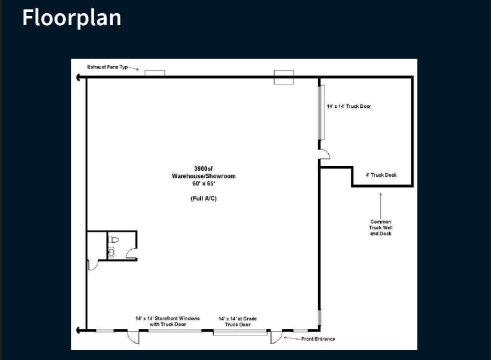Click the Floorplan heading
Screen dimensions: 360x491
[72, 17]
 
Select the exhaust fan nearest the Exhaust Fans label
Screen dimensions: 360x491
[154, 73]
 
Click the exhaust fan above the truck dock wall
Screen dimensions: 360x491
[284, 77]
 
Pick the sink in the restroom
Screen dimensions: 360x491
[111, 252]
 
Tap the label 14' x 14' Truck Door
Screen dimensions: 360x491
[349, 106]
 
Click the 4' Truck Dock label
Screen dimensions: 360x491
[381, 176]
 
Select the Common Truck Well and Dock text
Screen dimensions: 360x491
[380, 228]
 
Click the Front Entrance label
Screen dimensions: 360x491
[318, 339]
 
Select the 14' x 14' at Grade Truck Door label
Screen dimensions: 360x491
[238, 321]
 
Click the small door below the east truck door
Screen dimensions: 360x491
[325, 155]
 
